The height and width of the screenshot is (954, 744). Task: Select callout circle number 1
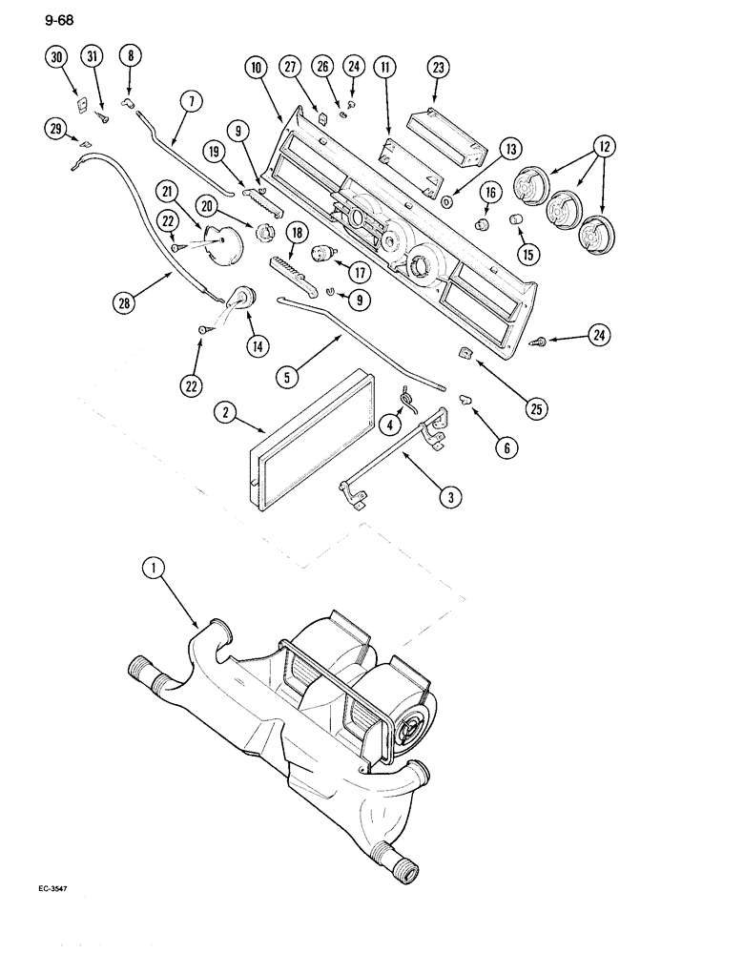(x=153, y=569)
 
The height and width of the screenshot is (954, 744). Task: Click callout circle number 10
(x=255, y=69)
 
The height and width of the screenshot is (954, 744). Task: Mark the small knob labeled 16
(x=483, y=224)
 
